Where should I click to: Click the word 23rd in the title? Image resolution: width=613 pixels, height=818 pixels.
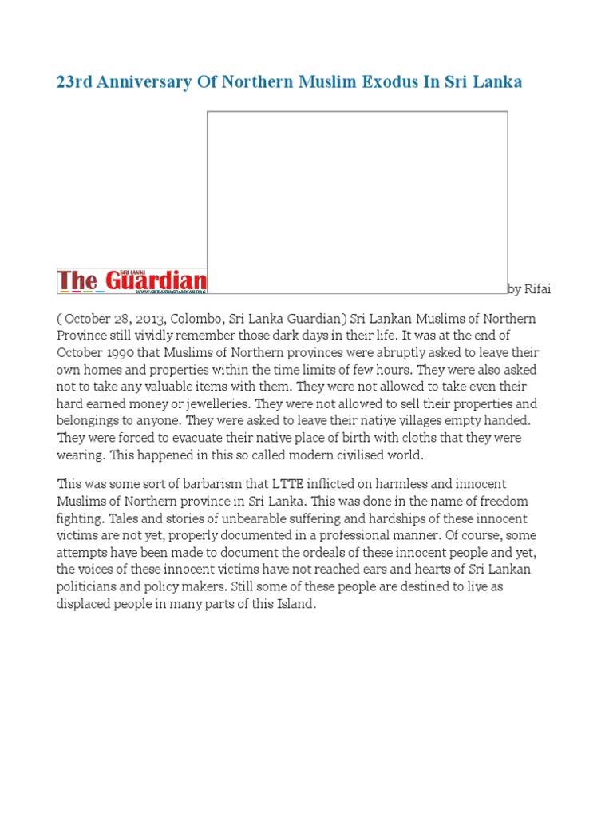click(x=74, y=83)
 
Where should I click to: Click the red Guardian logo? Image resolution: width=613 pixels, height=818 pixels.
click(x=132, y=281)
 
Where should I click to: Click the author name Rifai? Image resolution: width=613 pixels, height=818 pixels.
click(x=537, y=288)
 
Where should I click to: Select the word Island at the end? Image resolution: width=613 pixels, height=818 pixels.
click(x=296, y=604)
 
